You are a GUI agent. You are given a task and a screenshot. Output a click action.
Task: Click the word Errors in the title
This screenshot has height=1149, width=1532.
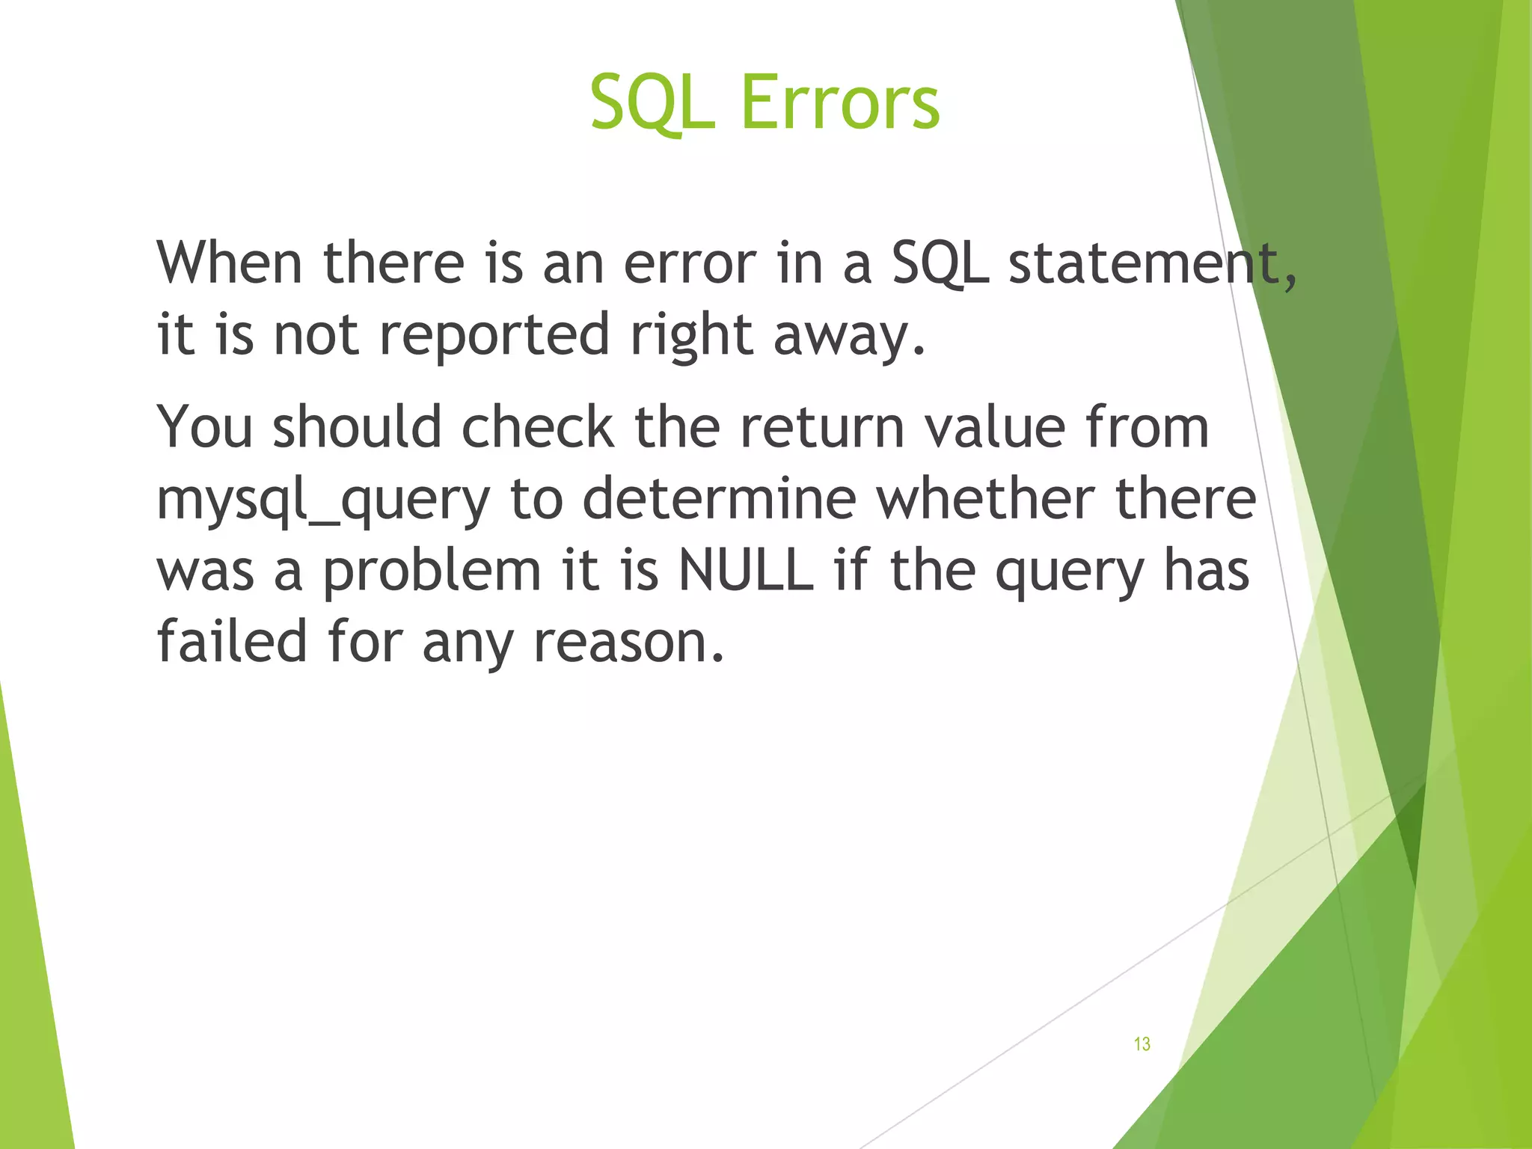[x=839, y=102]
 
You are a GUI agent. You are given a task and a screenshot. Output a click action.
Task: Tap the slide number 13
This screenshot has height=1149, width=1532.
[x=1142, y=1044]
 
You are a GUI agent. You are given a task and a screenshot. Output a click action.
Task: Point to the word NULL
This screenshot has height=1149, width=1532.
[x=745, y=571]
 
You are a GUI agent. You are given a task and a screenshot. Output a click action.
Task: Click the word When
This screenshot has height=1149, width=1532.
[x=230, y=263]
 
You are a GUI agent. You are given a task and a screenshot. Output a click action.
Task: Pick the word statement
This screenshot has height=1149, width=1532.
[x=1152, y=263]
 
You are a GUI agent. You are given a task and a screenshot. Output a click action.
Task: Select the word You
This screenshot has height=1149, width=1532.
[x=205, y=427]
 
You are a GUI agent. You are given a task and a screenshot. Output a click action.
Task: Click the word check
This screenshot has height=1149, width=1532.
[x=538, y=427]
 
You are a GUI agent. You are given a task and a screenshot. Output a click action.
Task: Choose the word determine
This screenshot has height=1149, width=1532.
[x=719, y=499]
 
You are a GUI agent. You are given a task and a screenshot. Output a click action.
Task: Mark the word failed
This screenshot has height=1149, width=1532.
[x=232, y=641]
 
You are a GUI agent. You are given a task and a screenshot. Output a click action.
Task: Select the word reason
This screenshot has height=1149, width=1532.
[x=629, y=643]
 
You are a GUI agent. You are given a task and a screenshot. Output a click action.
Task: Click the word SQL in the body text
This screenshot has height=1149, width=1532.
[x=940, y=264]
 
